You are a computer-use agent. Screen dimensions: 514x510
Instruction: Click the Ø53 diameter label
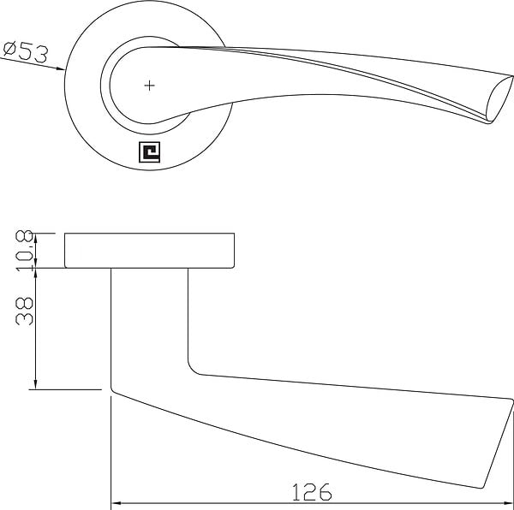[x=26, y=51]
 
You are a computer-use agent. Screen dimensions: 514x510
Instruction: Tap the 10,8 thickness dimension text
[x=25, y=251]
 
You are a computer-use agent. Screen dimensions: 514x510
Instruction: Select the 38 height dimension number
[x=25, y=311]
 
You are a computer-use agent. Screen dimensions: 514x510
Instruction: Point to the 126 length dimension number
[x=312, y=492]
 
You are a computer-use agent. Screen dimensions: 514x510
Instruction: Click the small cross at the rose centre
[x=149, y=86]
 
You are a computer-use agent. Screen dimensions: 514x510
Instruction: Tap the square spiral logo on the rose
[x=149, y=151]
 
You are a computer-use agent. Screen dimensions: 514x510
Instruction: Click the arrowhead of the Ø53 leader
[x=61, y=68]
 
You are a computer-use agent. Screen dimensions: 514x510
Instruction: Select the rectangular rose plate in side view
[x=149, y=251]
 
